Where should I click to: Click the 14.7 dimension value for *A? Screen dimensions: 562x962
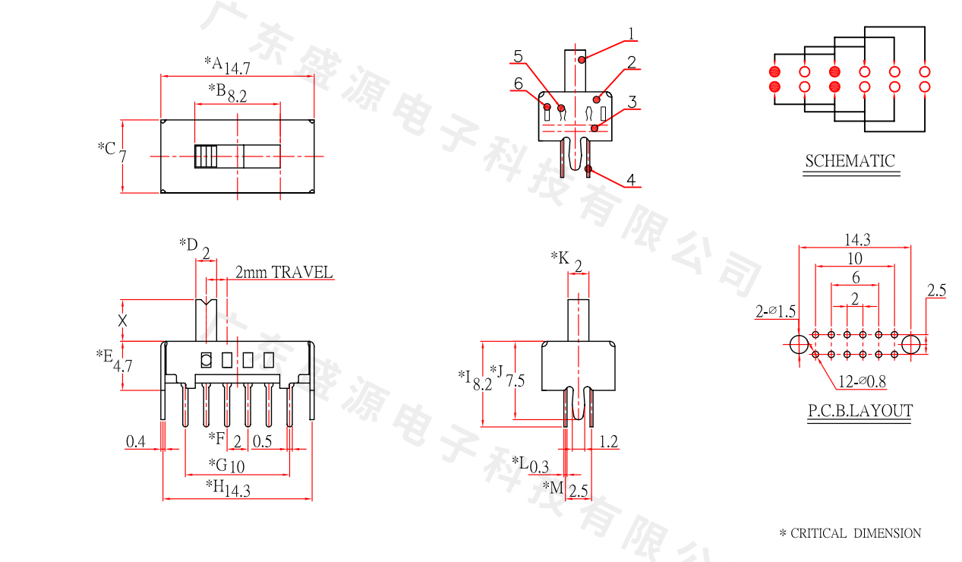(x=237, y=68)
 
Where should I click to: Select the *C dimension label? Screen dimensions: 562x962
(x=106, y=147)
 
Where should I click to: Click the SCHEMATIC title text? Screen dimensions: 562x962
(x=850, y=161)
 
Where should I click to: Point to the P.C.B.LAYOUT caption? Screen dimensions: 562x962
(x=859, y=411)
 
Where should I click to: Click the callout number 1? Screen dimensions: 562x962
(x=631, y=33)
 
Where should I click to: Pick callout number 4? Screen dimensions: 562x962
(x=631, y=180)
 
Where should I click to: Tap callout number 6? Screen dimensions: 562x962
(x=519, y=83)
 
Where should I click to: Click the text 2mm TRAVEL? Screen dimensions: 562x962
(x=283, y=272)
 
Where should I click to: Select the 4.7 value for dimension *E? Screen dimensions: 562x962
(x=123, y=365)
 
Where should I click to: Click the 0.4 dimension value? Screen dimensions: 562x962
(x=136, y=441)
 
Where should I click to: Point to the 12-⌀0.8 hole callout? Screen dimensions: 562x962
(x=862, y=381)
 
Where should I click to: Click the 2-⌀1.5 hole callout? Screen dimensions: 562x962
(x=775, y=311)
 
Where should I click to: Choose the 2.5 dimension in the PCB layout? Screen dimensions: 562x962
(x=936, y=290)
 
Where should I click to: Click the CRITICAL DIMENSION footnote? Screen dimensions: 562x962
(x=850, y=533)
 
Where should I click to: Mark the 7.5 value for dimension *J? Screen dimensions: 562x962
(x=515, y=380)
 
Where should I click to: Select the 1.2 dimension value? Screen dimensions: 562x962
(x=609, y=441)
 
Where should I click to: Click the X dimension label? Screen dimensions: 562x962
(x=122, y=320)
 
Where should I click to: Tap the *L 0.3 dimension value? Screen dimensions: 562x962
(x=539, y=466)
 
